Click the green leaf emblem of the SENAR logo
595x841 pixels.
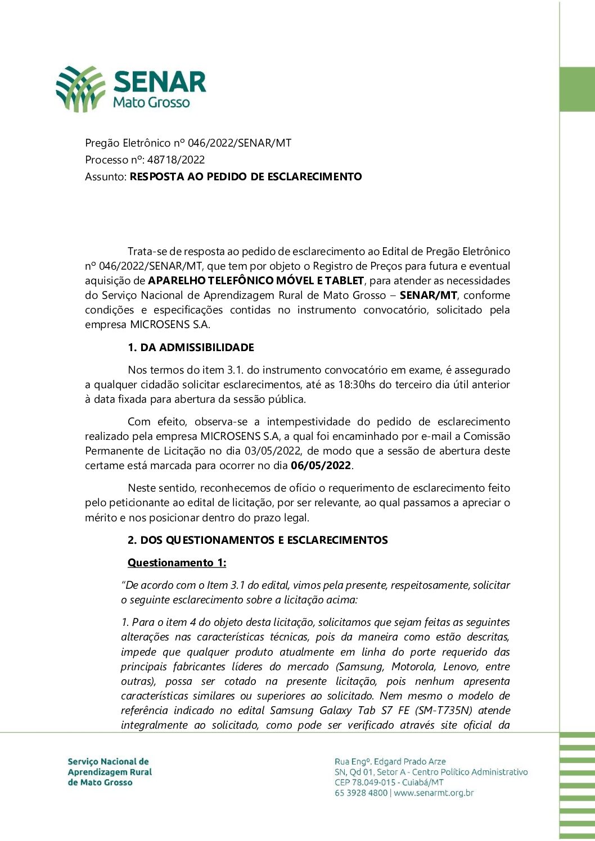[80, 89]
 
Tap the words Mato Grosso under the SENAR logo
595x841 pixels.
[151, 103]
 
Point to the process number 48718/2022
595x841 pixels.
[176, 160]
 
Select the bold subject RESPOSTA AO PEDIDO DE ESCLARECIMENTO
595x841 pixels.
[246, 176]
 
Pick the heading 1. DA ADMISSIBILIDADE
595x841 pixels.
[191, 348]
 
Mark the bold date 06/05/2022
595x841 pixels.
[321, 466]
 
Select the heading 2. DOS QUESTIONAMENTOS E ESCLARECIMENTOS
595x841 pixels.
[258, 540]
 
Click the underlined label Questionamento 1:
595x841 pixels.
[177, 563]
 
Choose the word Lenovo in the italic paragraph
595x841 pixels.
[461, 667]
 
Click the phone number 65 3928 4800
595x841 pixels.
[361, 793]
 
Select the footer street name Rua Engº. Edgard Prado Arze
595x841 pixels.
[390, 762]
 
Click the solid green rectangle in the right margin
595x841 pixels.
[577, 89]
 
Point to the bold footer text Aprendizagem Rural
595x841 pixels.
[110, 772]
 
